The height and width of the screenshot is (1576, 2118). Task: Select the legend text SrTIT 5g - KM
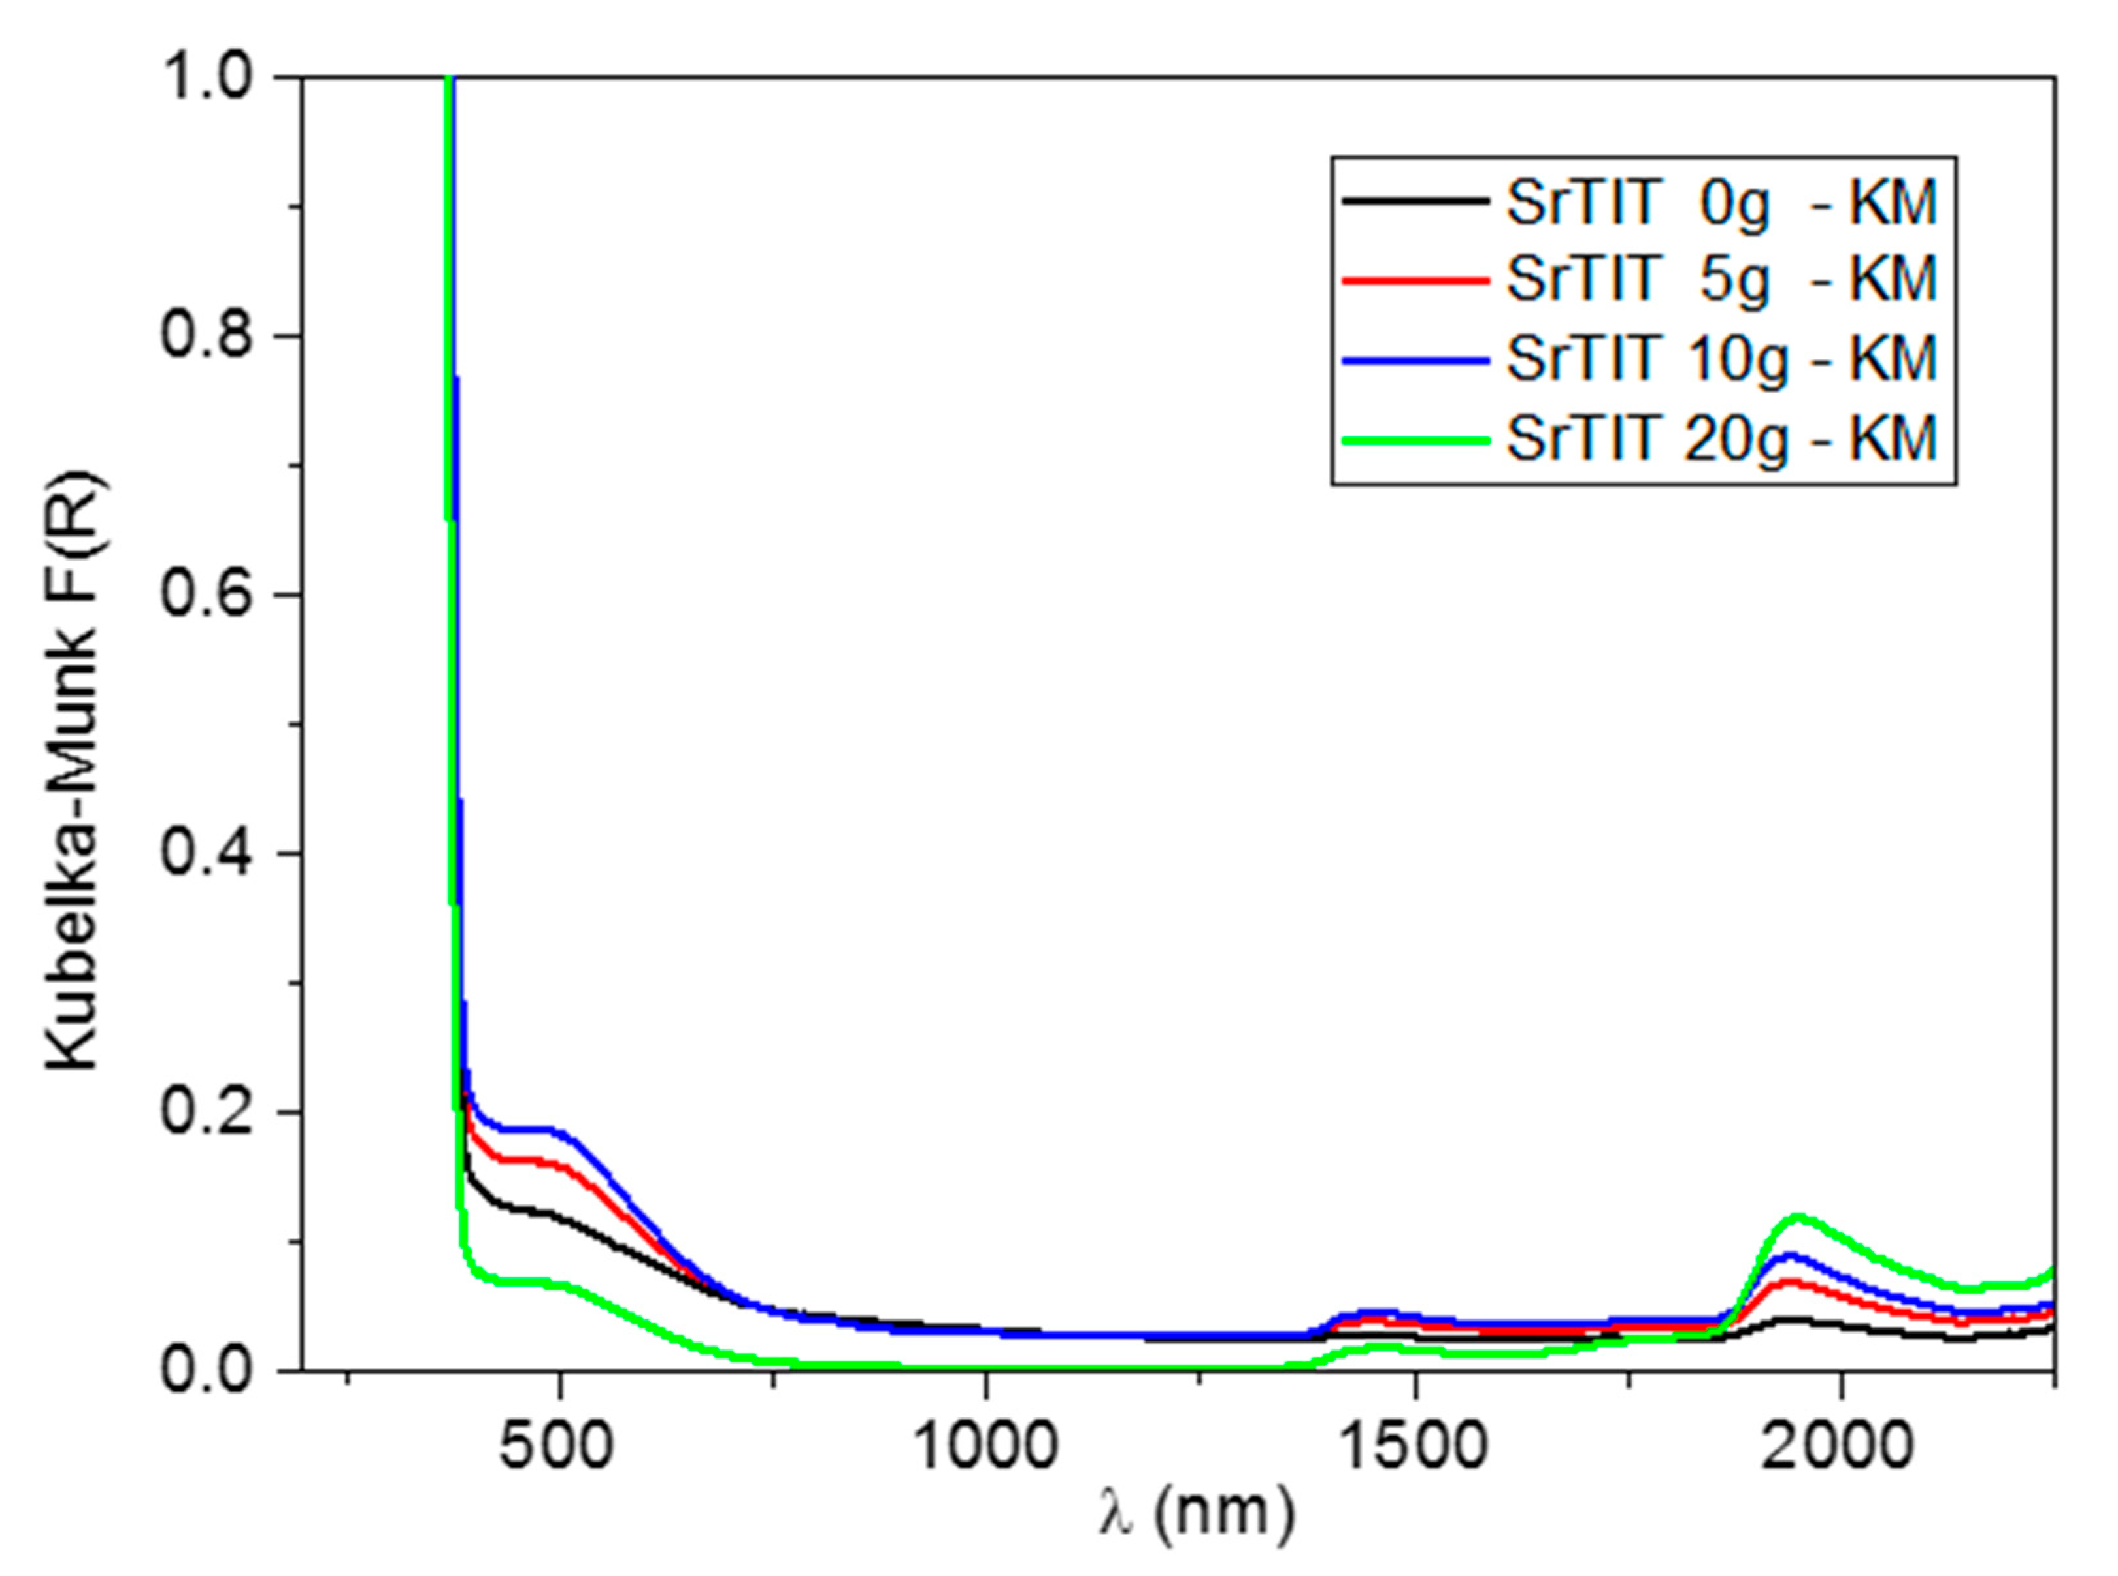pos(1722,280)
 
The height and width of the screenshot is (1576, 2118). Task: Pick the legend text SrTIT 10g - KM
pos(1722,359)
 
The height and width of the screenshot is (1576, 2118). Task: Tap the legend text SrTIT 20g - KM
pos(1722,439)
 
